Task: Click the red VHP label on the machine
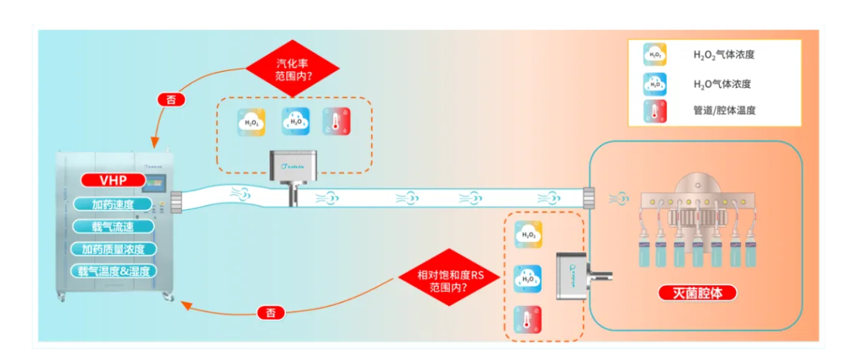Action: click(111, 181)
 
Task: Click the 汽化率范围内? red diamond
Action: click(293, 70)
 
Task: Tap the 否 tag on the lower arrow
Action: click(270, 312)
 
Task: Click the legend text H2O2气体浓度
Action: click(723, 55)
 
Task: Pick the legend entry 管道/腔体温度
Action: click(723, 110)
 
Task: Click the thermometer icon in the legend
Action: click(655, 110)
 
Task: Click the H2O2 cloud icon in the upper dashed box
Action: click(251, 121)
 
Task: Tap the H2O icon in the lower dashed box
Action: click(529, 277)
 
